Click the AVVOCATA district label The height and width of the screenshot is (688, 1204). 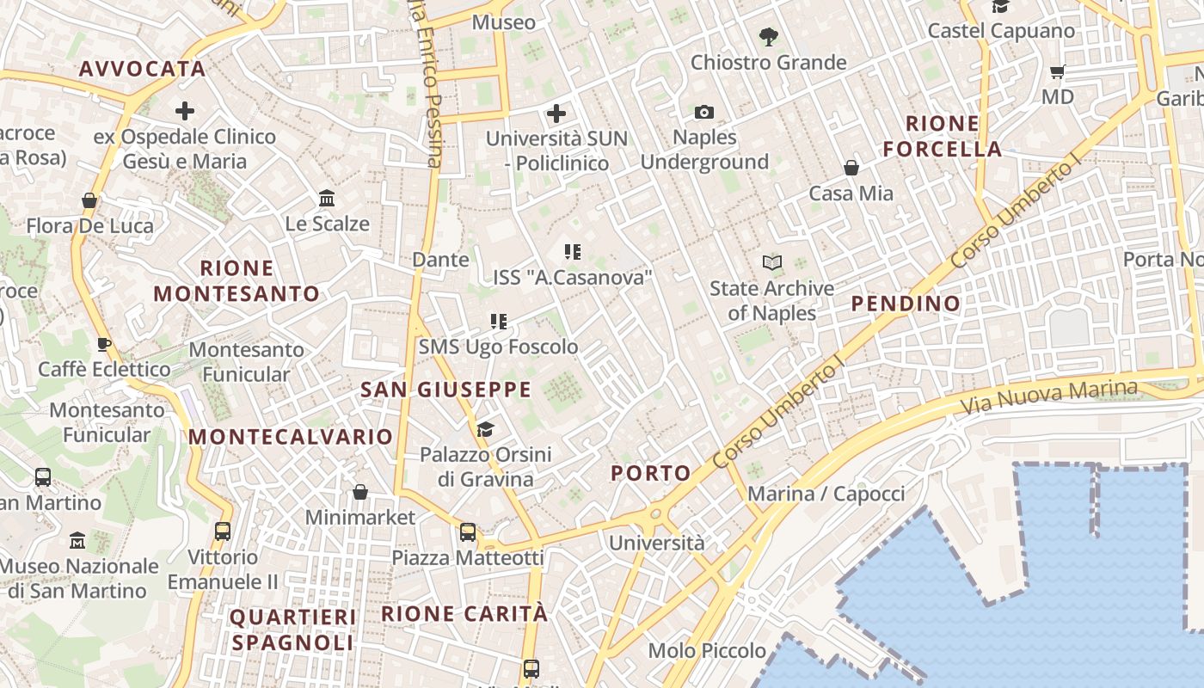point(143,69)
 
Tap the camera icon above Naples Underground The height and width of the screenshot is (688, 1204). point(704,113)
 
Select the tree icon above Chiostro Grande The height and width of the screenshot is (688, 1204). point(769,37)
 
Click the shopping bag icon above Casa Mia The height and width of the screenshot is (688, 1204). point(851,168)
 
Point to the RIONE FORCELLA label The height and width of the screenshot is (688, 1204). point(943,136)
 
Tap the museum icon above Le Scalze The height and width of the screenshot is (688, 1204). point(327,199)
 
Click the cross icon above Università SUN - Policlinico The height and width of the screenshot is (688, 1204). point(556,113)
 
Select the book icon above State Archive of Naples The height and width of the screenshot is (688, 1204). point(772,262)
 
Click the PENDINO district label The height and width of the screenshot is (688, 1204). point(906,304)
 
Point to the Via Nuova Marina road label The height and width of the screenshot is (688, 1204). point(1049,396)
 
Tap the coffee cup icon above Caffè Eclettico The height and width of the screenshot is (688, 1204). point(104,345)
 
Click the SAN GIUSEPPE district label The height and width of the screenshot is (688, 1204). point(446,390)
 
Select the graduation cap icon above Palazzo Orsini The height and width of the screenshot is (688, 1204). point(486,429)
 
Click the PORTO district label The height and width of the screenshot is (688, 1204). point(651,472)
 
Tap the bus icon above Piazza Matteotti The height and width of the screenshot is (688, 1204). point(468,532)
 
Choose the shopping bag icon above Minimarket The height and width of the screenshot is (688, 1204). point(360,492)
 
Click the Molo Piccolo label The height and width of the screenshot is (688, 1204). point(708,651)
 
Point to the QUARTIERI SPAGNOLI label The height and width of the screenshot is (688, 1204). point(292,630)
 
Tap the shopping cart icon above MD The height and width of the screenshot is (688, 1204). point(1058,71)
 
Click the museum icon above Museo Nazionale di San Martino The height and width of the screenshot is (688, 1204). point(78,541)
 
